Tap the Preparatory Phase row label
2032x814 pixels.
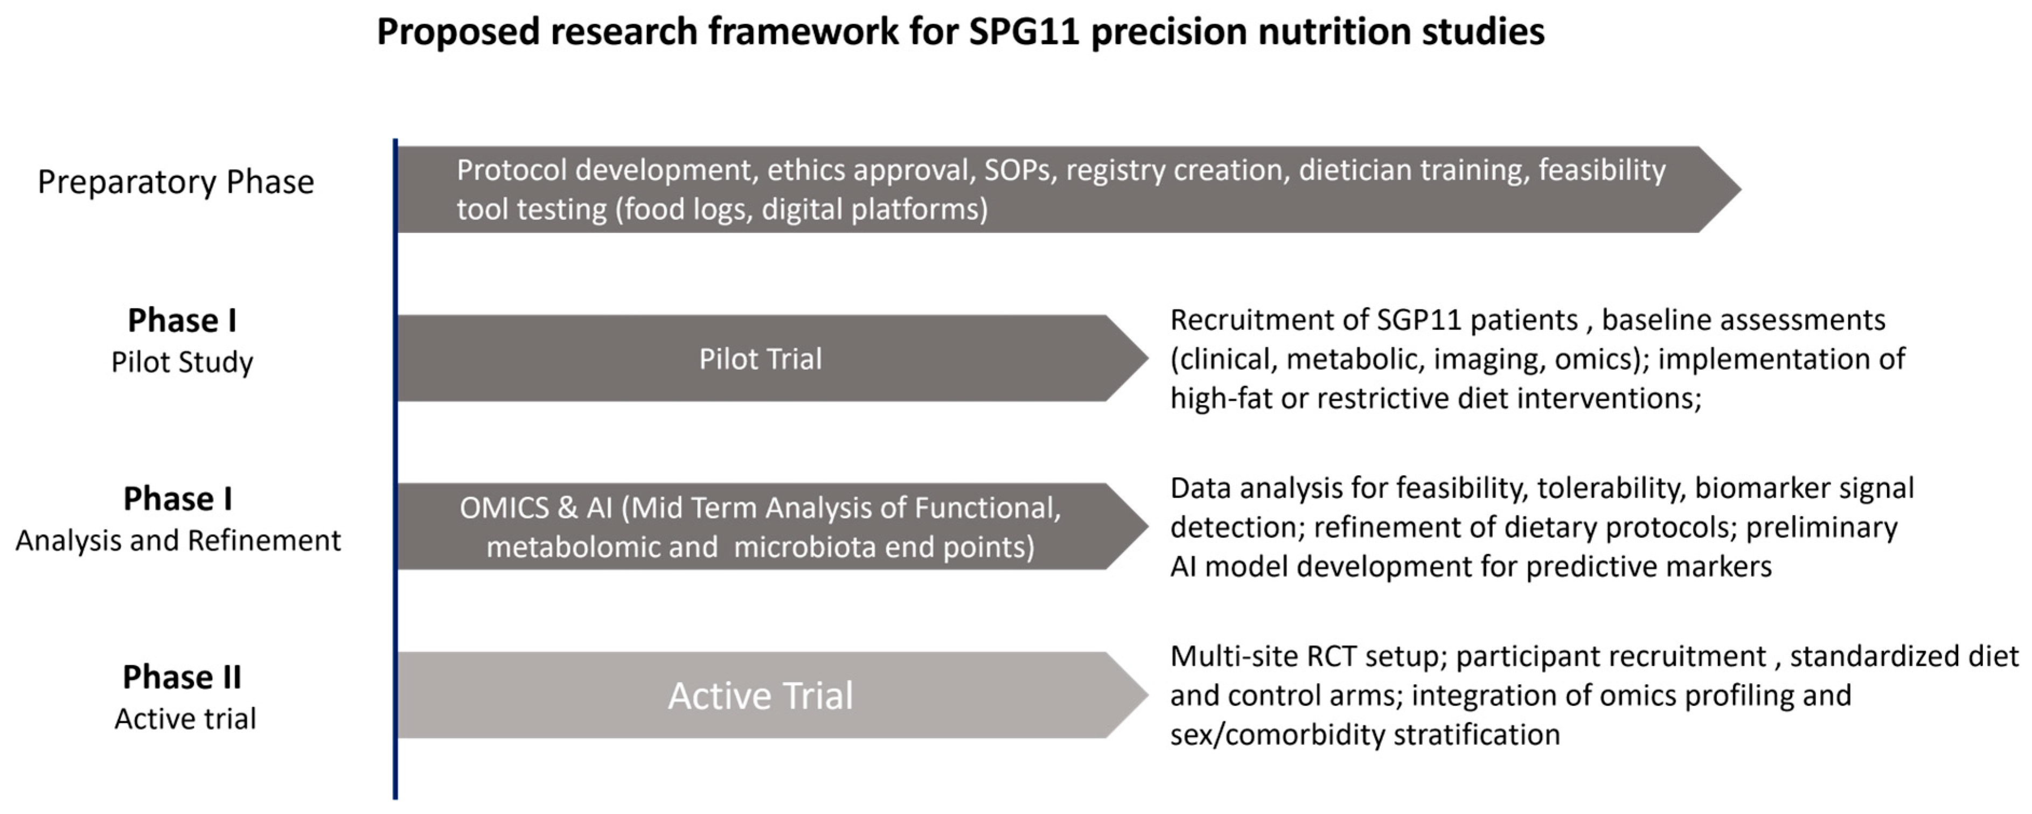176,182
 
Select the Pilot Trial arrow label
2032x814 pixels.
761,359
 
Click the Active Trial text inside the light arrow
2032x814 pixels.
761,695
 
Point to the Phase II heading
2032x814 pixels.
182,677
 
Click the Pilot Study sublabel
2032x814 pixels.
182,362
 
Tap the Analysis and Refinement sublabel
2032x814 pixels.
178,540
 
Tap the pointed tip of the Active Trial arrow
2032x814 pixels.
1148,695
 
